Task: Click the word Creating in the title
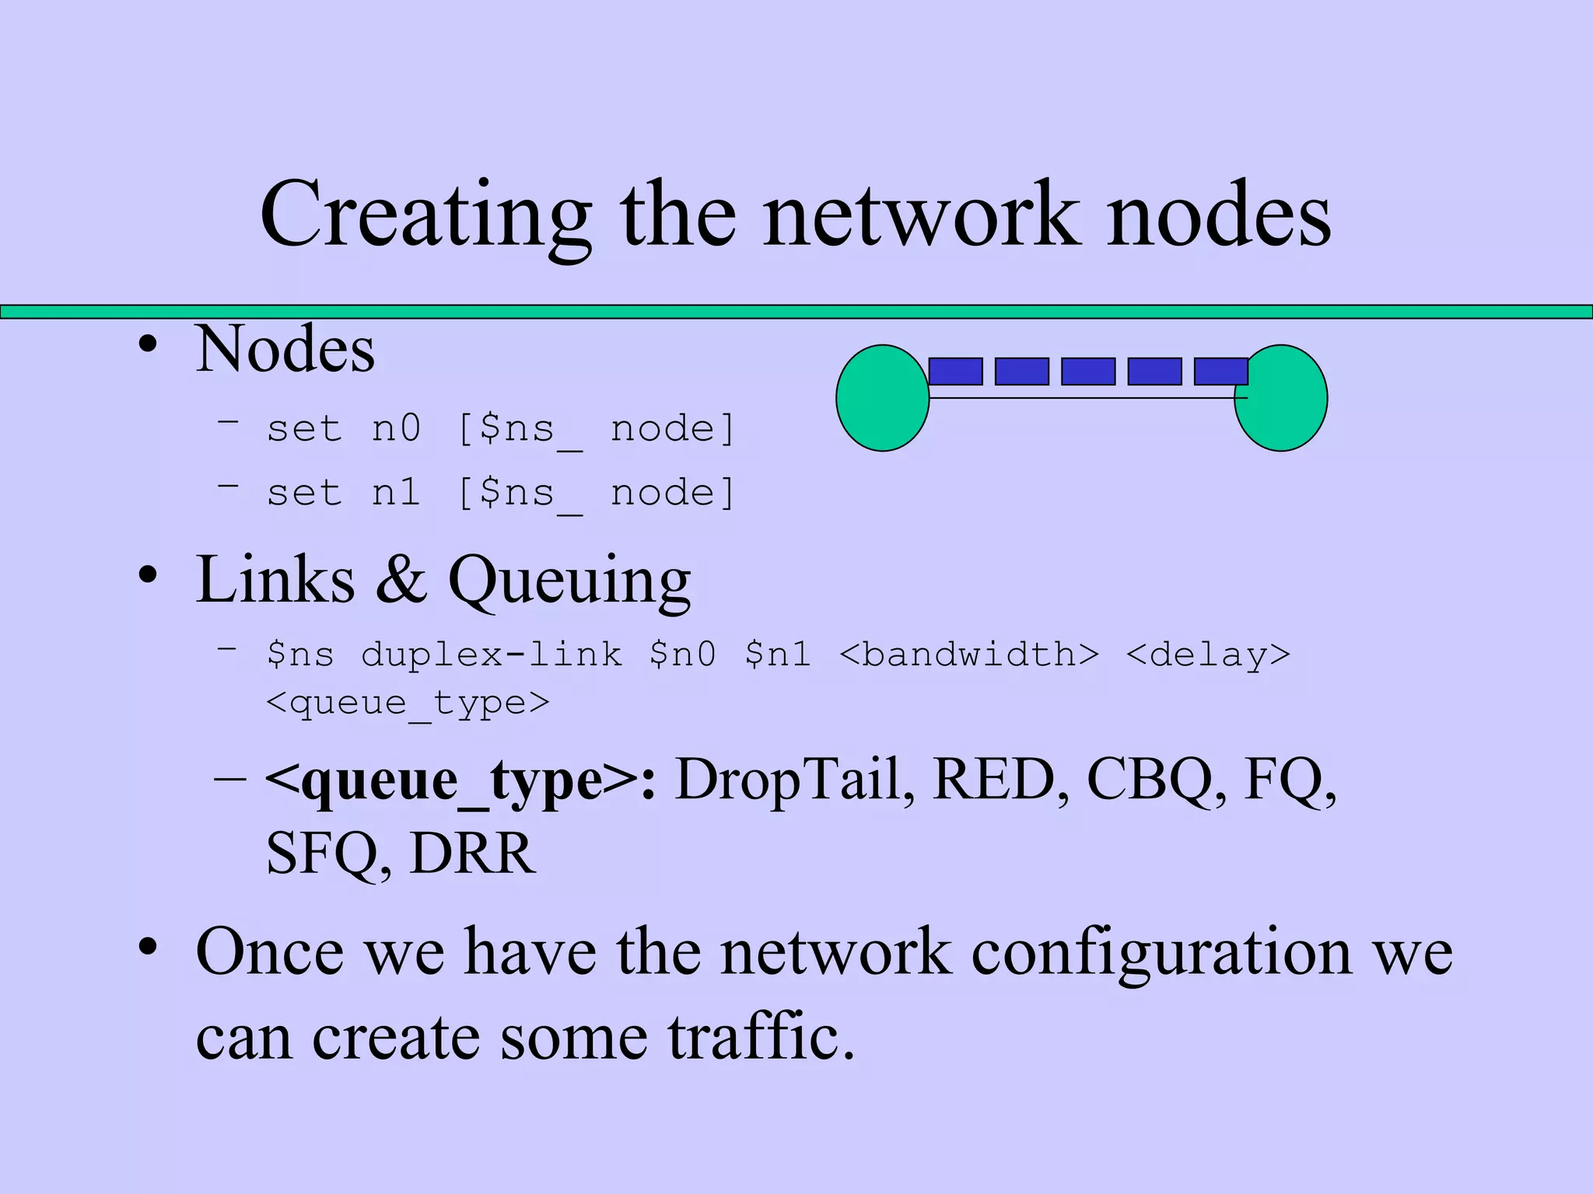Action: click(x=425, y=216)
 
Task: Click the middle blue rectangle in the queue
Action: click(x=1088, y=372)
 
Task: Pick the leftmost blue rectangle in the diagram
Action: click(x=956, y=372)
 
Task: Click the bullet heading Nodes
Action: click(x=285, y=350)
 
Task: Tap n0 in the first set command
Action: click(x=397, y=429)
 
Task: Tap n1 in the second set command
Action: click(x=397, y=493)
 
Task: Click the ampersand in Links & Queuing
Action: click(x=401, y=580)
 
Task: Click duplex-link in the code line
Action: click(x=492, y=655)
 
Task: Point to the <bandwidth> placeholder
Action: click(x=969, y=655)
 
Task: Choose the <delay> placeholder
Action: click(x=1208, y=655)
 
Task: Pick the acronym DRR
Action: click(x=473, y=854)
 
